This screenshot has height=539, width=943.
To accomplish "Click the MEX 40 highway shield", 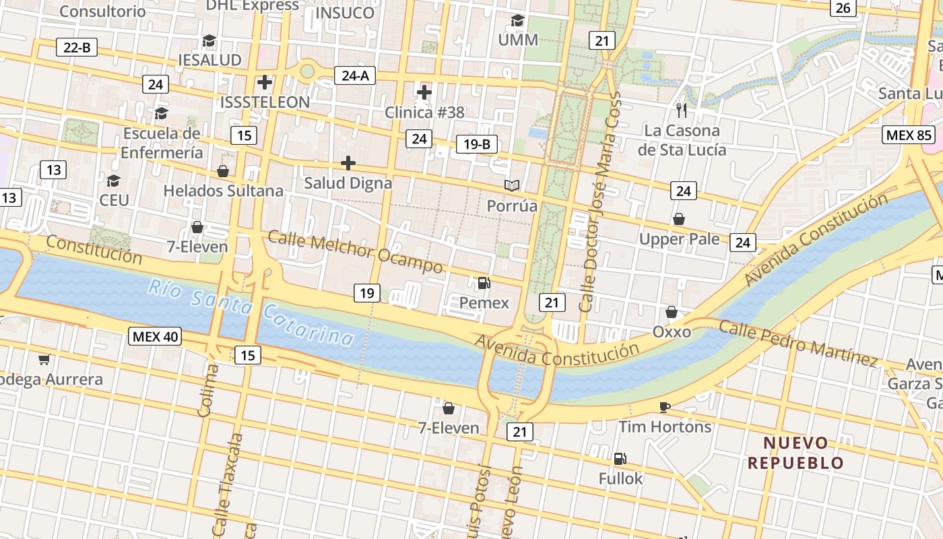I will (156, 336).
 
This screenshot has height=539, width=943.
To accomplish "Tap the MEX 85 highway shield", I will (909, 135).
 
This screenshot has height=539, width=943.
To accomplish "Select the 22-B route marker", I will (77, 47).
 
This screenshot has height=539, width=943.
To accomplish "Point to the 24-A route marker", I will (355, 75).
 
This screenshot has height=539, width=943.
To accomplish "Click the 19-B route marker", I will (477, 144).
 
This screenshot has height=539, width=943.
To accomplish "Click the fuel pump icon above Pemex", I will (484, 283).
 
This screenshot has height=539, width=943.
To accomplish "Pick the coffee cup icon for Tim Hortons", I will (665, 407).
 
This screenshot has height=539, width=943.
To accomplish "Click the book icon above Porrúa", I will (513, 185).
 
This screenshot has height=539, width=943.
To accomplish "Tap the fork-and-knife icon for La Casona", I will (682, 110).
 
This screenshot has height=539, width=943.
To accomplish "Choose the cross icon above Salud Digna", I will (348, 163).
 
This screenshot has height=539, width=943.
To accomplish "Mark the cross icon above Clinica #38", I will (424, 92).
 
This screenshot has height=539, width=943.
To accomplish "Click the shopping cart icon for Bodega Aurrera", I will (44, 360).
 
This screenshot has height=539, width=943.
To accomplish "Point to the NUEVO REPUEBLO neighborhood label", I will (795, 453).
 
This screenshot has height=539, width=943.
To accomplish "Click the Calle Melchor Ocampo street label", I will (355, 252).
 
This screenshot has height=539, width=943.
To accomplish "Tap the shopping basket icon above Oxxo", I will (672, 312).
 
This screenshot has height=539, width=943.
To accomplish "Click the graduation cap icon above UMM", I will (517, 21).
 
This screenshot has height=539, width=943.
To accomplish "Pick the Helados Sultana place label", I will (223, 191).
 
